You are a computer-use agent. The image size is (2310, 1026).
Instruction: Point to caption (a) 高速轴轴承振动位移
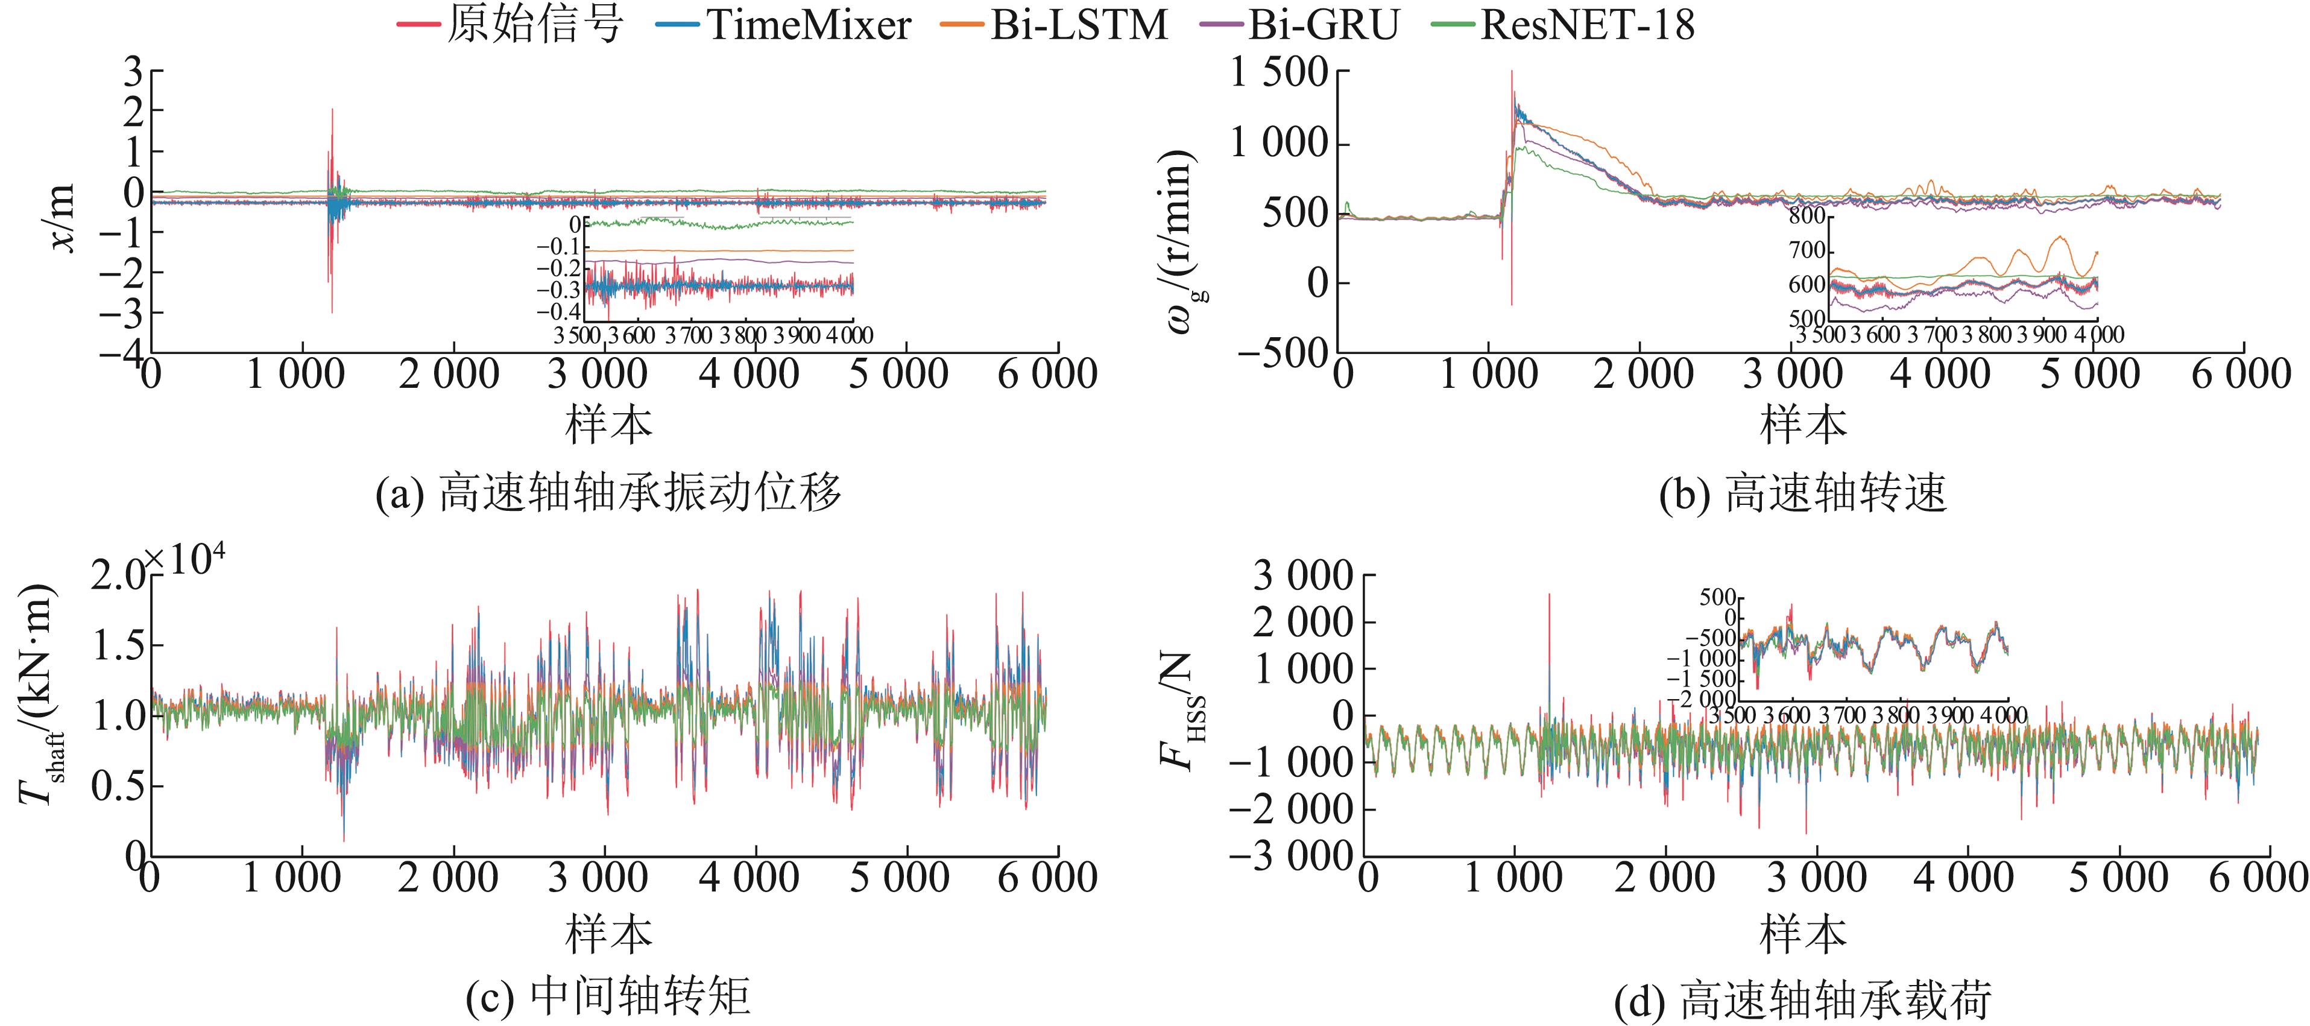[609, 492]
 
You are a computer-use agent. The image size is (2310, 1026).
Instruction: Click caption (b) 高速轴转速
[1802, 492]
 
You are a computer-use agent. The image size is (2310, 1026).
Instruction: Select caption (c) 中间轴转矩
[609, 995]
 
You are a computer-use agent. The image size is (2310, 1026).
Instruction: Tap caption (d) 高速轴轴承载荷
[1802, 999]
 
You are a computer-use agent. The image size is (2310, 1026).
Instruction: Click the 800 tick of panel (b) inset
[1807, 215]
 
